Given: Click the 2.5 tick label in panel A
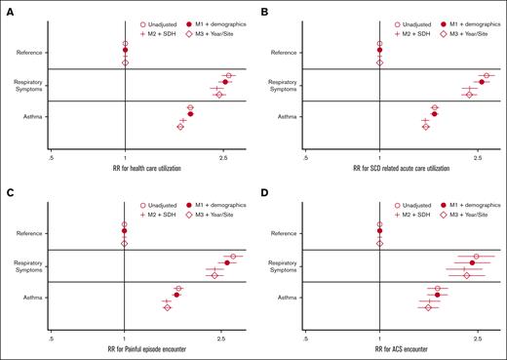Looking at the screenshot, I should tap(223, 155).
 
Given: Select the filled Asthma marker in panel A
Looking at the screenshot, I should tap(190, 114).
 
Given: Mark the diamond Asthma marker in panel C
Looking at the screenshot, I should tap(168, 307).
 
